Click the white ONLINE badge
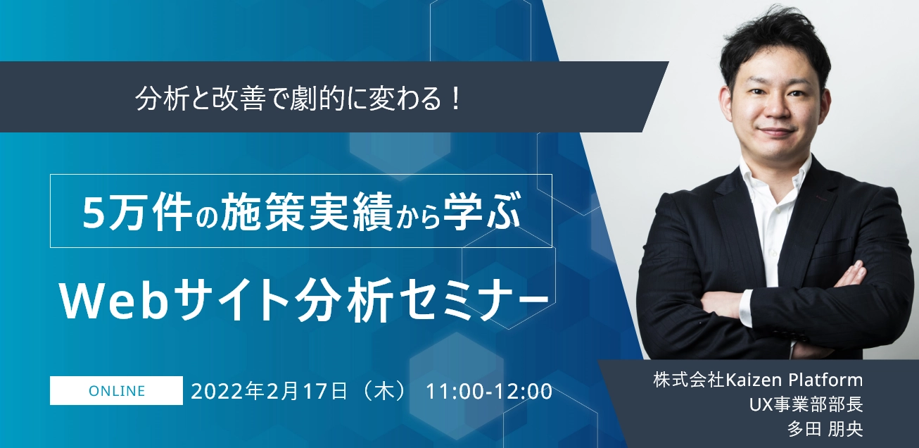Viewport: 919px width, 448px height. coord(116,390)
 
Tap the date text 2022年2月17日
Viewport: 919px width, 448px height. coord(269,391)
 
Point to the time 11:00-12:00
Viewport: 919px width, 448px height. coord(489,392)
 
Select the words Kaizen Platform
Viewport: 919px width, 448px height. coord(794,380)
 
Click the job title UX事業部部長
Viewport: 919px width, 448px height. coord(806,404)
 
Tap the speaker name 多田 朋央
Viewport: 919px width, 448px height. coord(825,429)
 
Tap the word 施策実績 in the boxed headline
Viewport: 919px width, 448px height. coord(307,211)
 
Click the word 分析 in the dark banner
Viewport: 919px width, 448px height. coord(161,99)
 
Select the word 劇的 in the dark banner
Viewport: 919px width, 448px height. coord(315,99)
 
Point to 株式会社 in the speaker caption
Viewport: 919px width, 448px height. coord(689,380)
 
